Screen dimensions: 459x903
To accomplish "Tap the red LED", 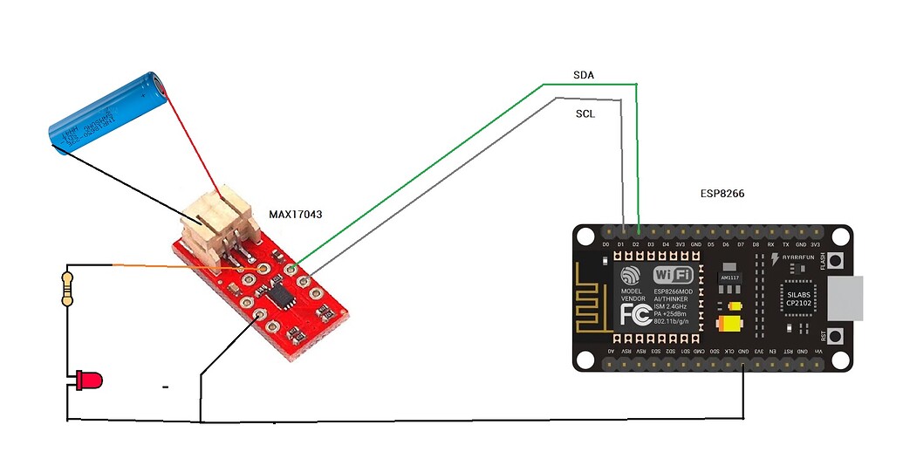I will (89, 380).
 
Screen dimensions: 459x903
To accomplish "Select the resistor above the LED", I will (67, 288).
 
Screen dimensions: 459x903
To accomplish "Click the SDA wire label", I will (584, 76).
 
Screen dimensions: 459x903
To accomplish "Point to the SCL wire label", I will (585, 114).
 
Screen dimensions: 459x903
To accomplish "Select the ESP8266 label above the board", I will (722, 194).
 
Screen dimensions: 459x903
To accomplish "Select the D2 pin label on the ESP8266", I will (636, 244).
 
